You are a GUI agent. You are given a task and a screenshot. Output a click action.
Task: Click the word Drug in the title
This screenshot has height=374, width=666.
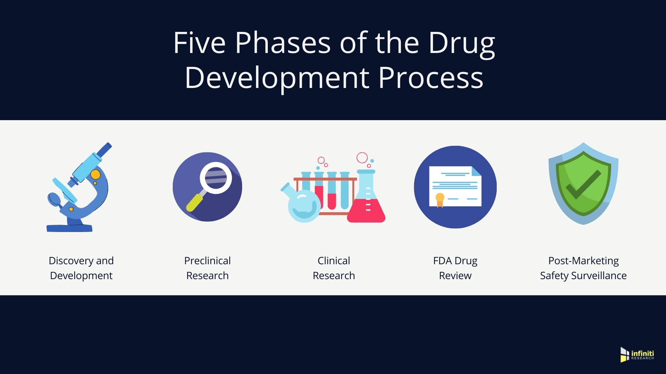tap(462, 44)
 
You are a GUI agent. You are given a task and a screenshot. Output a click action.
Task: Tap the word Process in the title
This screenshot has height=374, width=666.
tap(431, 78)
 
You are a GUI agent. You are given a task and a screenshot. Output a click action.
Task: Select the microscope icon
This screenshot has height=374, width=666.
tap(79, 187)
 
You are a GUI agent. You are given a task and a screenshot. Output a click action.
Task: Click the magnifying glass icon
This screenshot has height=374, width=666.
tap(207, 187)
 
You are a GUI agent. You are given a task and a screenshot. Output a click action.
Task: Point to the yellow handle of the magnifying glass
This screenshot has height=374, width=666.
tap(195, 203)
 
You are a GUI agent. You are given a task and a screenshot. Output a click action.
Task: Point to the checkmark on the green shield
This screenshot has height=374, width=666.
tap(583, 184)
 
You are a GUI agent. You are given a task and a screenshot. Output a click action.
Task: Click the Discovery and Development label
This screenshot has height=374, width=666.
tap(81, 268)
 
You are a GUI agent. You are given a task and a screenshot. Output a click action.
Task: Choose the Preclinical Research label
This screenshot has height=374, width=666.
tap(207, 268)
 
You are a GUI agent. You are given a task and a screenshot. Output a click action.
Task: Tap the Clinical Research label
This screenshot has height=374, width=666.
tap(334, 268)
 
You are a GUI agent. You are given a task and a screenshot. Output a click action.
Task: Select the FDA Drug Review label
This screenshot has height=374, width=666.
tap(455, 268)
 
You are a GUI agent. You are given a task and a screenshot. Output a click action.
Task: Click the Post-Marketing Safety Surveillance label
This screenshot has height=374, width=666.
tap(583, 268)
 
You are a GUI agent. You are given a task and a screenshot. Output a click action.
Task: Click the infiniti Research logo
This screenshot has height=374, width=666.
tap(637, 355)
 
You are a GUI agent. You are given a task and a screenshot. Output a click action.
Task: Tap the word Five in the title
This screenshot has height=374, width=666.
tap(199, 43)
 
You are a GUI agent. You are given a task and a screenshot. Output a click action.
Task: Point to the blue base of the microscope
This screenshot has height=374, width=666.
tap(69, 228)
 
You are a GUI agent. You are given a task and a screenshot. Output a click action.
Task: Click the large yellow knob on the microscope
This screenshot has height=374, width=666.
tap(95, 174)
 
